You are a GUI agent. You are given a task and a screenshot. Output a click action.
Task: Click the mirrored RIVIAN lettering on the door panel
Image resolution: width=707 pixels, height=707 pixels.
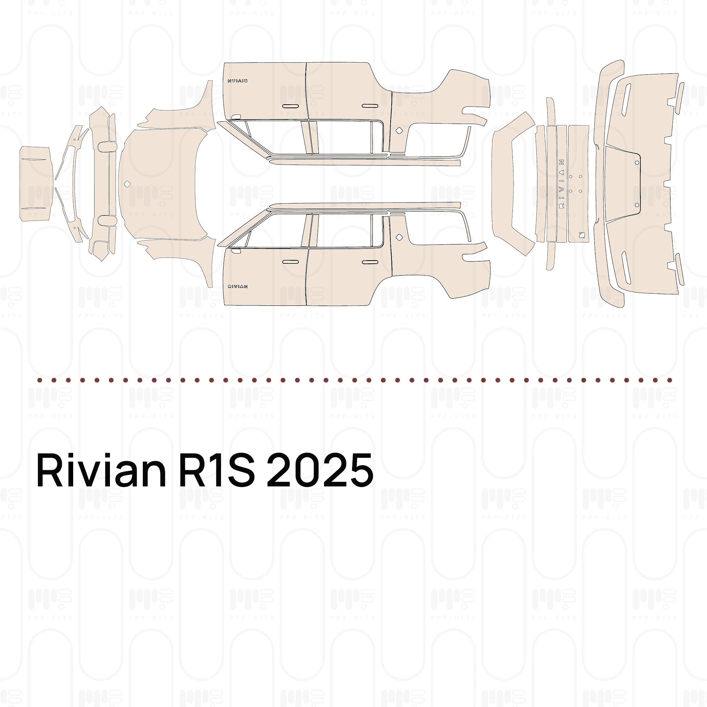(x=238, y=81)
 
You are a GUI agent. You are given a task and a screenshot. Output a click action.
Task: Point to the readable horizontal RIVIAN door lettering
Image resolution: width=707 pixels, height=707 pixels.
(x=238, y=287)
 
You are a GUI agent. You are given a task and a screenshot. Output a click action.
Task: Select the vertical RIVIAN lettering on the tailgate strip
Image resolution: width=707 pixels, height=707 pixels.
(x=562, y=183)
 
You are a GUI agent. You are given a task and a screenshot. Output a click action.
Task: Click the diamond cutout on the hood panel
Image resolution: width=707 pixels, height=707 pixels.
(x=127, y=184)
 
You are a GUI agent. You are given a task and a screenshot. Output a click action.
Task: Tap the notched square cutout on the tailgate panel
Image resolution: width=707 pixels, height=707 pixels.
(x=581, y=235)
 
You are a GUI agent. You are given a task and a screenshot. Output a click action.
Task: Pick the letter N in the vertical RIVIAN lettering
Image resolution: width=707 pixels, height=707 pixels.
(x=562, y=162)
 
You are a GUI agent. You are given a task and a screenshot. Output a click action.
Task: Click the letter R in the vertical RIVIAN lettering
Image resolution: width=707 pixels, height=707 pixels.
(x=562, y=206)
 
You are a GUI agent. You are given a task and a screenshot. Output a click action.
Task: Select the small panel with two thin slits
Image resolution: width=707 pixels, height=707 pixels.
(x=35, y=184)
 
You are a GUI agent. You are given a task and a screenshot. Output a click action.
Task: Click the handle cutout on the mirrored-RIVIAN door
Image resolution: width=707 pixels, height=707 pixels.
(x=290, y=106)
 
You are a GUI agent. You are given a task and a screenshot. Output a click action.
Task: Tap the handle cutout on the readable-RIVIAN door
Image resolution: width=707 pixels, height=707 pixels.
(x=290, y=262)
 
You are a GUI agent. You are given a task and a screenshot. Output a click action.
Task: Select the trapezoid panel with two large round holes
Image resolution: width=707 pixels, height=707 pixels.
(x=622, y=184)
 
